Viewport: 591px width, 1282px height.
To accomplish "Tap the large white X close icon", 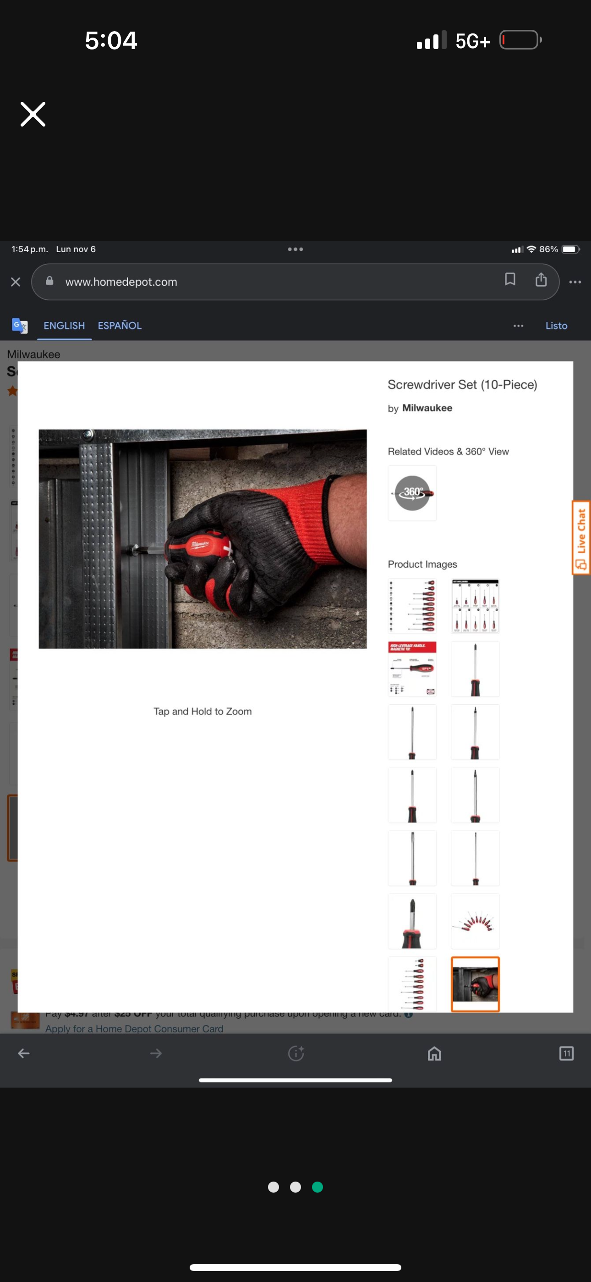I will point(33,114).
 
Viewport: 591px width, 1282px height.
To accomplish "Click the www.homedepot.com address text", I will point(121,282).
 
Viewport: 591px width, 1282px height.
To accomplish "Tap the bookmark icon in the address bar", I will point(509,279).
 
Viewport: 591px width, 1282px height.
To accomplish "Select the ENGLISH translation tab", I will point(64,326).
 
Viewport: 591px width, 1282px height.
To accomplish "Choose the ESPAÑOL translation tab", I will point(120,326).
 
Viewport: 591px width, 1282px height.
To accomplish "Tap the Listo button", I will point(556,326).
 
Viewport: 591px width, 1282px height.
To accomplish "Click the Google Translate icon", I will point(19,326).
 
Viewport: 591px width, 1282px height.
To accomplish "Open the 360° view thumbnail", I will point(412,493).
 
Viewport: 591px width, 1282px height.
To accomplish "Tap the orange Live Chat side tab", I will point(580,537).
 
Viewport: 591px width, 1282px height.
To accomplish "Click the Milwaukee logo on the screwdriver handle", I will point(199,544).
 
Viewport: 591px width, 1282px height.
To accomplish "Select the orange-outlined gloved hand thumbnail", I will point(475,984).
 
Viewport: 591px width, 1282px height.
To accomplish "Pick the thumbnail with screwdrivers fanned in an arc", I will point(475,921).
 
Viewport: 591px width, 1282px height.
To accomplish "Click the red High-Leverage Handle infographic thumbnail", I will point(412,669).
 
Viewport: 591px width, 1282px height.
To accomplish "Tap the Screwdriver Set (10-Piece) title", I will point(462,384).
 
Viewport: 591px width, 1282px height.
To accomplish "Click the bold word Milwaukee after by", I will point(427,408).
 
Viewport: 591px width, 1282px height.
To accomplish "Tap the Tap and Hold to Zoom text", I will point(202,711).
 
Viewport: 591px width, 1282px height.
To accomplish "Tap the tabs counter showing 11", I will point(566,1053).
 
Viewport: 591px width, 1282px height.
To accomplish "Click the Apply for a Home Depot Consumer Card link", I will point(134,1028).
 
